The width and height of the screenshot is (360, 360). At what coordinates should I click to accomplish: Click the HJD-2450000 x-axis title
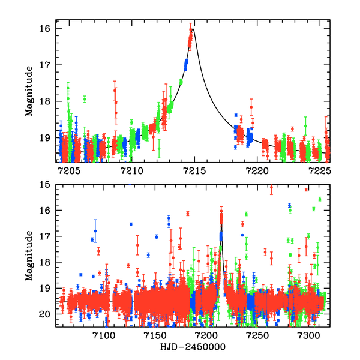pyautogui.click(x=194, y=347)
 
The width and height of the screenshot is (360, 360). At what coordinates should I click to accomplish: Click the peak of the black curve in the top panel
pyautogui.click(x=193, y=28)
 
